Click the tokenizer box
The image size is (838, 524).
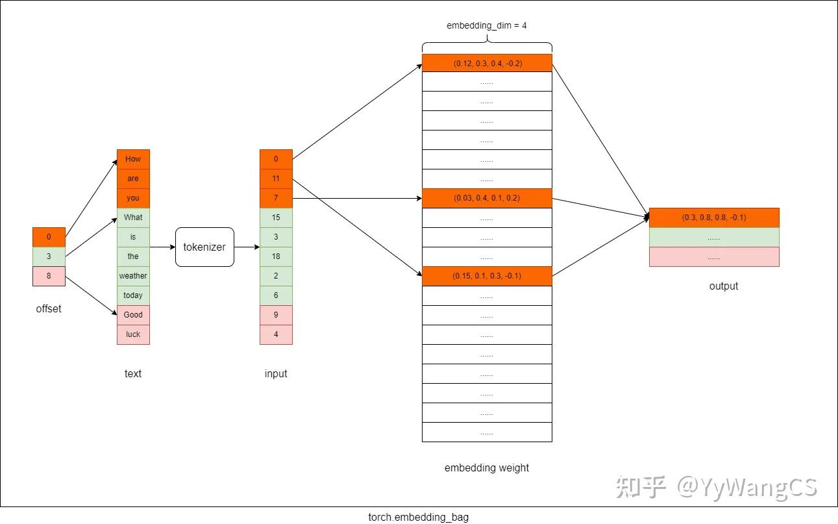pyautogui.click(x=204, y=247)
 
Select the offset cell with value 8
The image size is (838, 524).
pyautogui.click(x=49, y=276)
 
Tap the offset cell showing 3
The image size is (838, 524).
pyautogui.click(x=49, y=256)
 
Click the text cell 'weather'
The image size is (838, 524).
pyautogui.click(x=133, y=276)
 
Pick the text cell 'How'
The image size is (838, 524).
pyautogui.click(x=133, y=159)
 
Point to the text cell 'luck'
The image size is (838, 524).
pyautogui.click(x=133, y=334)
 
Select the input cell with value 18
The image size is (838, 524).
pyautogui.click(x=276, y=256)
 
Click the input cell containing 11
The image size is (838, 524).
pyautogui.click(x=276, y=179)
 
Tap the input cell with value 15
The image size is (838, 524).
pyautogui.click(x=276, y=218)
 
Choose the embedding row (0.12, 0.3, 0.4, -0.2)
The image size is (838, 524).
pyautogui.click(x=487, y=63)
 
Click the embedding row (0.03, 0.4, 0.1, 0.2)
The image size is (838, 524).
pyautogui.click(x=487, y=198)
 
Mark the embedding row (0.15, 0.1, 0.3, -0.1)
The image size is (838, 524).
pyautogui.click(x=487, y=276)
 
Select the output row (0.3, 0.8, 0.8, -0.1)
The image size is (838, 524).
pyautogui.click(x=714, y=218)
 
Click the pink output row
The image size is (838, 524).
pyautogui.click(x=714, y=257)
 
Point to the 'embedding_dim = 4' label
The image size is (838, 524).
pyautogui.click(x=487, y=26)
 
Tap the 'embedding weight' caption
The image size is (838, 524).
pyautogui.click(x=487, y=468)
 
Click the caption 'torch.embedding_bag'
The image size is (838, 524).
pyautogui.click(x=418, y=518)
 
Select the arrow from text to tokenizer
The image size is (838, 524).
pyautogui.click(x=162, y=247)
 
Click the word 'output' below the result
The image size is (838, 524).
pyautogui.click(x=724, y=286)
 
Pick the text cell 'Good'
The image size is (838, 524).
pyautogui.click(x=133, y=315)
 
